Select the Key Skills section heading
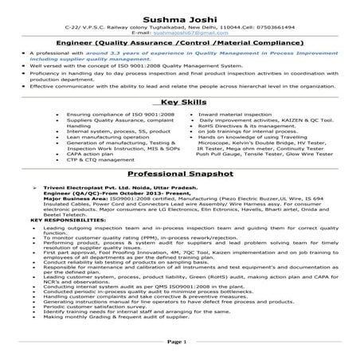point(180,103)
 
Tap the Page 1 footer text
point(180,340)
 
